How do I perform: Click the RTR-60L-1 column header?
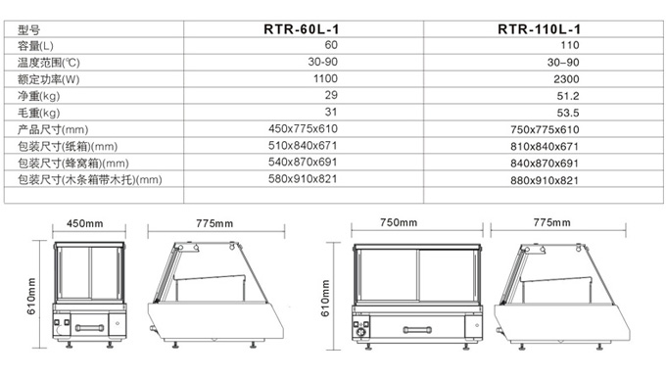pos(301,29)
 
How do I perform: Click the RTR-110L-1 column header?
pos(539,29)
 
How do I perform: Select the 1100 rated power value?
pos(325,78)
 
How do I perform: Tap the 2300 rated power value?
pos(566,79)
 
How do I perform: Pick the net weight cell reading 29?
pos(331,95)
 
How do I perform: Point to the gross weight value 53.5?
pos(568,113)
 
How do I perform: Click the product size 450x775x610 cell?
pos(303,128)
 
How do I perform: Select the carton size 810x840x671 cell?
pos(545,147)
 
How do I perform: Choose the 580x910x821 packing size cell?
pos(303,179)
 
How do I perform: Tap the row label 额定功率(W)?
pos(48,79)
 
